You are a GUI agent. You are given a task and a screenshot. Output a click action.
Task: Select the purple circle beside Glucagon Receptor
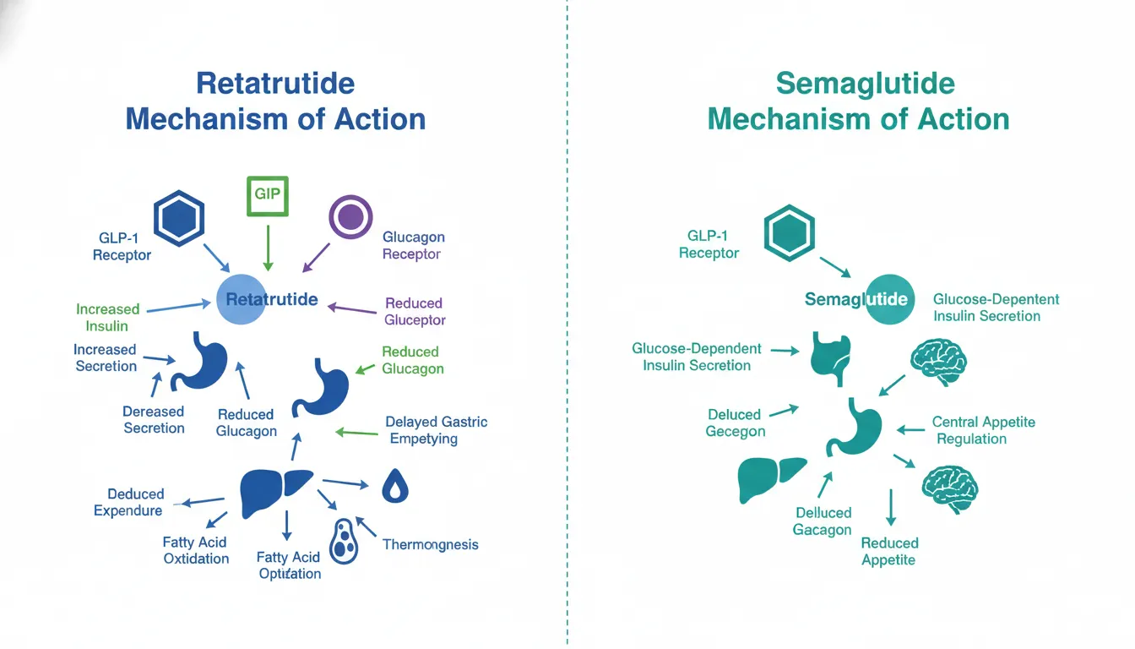point(350,218)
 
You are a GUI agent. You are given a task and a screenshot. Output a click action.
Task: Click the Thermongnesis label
point(430,545)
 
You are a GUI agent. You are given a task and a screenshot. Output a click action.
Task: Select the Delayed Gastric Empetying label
point(436,430)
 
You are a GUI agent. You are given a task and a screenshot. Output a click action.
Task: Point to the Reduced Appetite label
point(889,551)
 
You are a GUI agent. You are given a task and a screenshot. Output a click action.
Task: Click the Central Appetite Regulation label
point(983,430)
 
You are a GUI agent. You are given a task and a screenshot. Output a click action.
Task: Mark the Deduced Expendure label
point(128,502)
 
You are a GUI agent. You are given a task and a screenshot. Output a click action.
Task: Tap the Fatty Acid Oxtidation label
point(195,550)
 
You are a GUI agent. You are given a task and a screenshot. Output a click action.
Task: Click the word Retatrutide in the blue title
point(275,84)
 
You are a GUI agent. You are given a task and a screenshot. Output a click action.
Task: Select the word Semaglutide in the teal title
point(865,84)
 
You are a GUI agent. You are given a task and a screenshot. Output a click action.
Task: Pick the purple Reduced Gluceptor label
point(414,311)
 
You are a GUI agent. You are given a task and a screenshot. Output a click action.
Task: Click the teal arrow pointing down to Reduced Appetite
point(890,509)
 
